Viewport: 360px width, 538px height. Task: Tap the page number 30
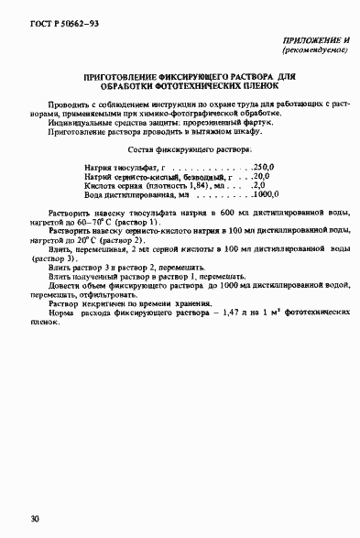34,520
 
